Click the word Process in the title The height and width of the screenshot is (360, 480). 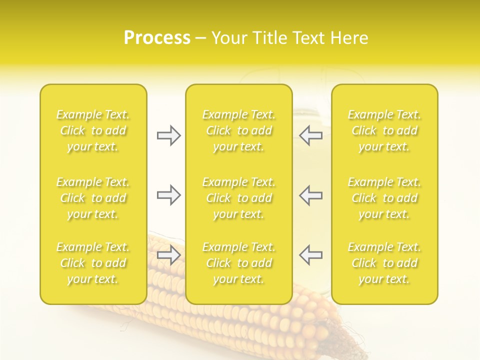157,38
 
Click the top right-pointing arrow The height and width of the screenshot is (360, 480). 168,135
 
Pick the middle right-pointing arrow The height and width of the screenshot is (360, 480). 168,195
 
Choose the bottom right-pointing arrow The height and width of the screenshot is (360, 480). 168,255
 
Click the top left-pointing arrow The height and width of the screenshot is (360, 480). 311,135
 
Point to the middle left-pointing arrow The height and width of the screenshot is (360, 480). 311,195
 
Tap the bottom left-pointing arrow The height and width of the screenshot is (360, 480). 311,255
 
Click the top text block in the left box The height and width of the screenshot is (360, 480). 93,130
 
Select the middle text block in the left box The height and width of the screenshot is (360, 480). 93,198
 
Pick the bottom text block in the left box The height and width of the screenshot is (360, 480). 93,263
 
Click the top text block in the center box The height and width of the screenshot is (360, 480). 238,130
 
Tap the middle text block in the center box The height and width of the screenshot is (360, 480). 238,198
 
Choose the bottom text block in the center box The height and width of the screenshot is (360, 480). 238,263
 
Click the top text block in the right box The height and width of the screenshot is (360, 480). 384,130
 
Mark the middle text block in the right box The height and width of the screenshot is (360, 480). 384,198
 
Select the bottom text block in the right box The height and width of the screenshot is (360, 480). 384,263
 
